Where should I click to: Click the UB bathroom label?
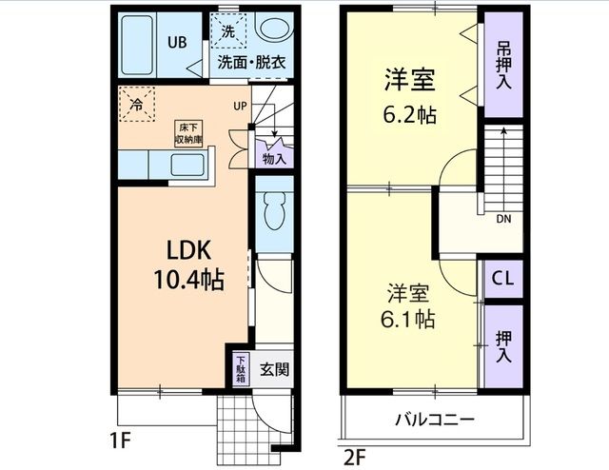coord(177,42)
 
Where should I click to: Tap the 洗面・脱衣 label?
coord(251,64)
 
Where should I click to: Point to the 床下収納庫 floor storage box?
coord(188,133)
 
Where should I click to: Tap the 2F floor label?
coord(353,455)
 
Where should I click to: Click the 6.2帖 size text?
coord(411,116)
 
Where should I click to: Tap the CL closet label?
coord(503,280)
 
